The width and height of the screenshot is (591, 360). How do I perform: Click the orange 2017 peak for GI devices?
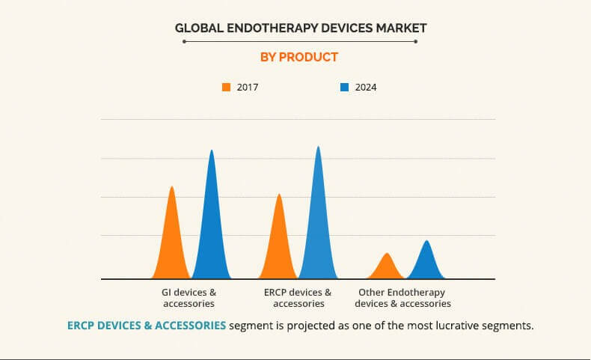point(171,240)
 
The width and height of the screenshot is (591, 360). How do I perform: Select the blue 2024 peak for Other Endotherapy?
point(426,261)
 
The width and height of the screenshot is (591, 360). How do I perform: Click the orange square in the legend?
point(227,87)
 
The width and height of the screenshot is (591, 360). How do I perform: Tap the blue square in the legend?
point(345,87)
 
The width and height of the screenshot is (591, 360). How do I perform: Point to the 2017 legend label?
point(248,87)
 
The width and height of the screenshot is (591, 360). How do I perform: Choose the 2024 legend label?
point(366,87)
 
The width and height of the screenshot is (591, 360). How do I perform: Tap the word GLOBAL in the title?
point(196,28)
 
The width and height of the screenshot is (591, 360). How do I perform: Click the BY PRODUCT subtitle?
point(298,57)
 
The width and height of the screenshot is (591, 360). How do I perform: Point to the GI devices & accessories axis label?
point(189,298)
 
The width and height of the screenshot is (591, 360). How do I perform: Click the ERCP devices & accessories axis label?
point(298,298)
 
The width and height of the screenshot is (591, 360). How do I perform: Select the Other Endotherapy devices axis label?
point(402,298)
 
